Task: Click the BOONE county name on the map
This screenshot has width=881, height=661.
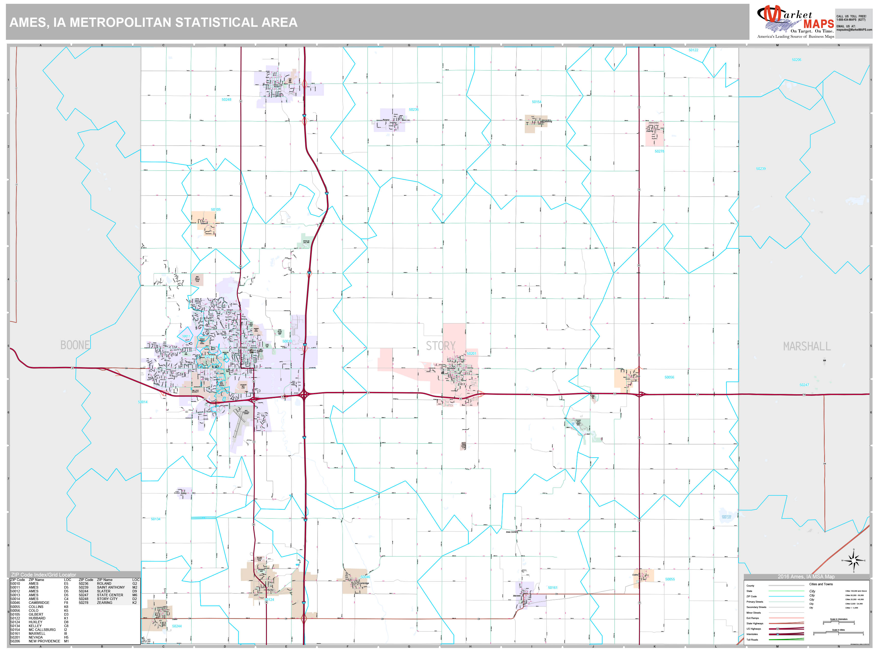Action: point(75,345)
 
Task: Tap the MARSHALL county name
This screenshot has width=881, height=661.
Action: point(807,346)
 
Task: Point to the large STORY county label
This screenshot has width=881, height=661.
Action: point(440,346)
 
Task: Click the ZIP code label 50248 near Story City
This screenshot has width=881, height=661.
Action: point(226,100)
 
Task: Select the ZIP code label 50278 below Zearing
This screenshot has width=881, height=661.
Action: point(659,151)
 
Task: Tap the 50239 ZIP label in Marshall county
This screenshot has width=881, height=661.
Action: point(761,169)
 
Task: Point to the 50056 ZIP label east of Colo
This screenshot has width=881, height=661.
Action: point(669,377)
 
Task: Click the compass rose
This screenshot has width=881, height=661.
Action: point(853,561)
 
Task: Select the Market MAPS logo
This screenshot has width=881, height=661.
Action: point(795,22)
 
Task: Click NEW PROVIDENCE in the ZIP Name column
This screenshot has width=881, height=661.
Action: point(44,641)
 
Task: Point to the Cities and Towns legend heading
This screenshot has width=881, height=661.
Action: point(821,584)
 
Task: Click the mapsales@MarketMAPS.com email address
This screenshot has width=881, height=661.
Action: point(854,30)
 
